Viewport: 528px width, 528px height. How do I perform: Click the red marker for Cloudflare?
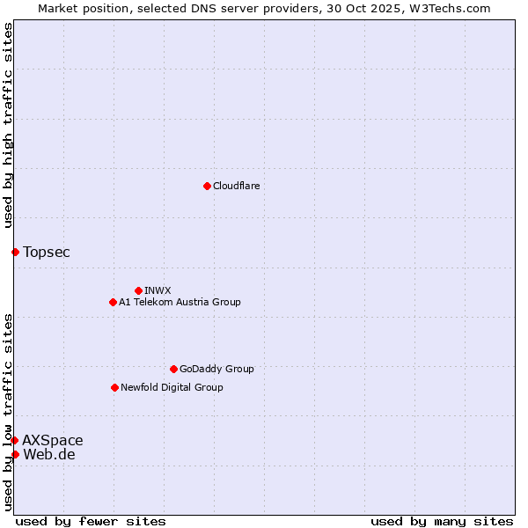tap(207, 186)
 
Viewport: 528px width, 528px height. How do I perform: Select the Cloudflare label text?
tap(236, 186)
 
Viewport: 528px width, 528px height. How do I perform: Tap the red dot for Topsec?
tap(15, 252)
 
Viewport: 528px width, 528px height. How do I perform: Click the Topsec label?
tap(47, 253)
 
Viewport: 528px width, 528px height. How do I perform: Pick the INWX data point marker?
tap(138, 290)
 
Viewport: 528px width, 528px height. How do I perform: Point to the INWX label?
tap(158, 290)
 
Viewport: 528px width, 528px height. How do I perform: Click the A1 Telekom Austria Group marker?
tap(113, 302)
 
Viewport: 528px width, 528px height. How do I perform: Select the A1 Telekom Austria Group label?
tap(180, 302)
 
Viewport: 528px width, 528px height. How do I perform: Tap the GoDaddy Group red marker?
tap(173, 369)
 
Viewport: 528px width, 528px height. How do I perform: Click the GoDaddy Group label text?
tap(216, 369)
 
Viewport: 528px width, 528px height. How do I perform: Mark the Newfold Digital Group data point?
tap(114, 387)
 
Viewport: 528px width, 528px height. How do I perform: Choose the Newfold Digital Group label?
tap(172, 387)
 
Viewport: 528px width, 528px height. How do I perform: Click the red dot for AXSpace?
tap(14, 440)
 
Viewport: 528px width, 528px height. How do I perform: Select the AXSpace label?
tap(53, 441)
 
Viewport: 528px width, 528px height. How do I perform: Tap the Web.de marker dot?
tap(15, 454)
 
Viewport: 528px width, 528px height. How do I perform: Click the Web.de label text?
tap(48, 455)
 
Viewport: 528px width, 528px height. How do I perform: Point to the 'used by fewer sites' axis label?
tap(91, 521)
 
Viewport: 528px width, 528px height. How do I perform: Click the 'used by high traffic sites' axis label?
tap(8, 125)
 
